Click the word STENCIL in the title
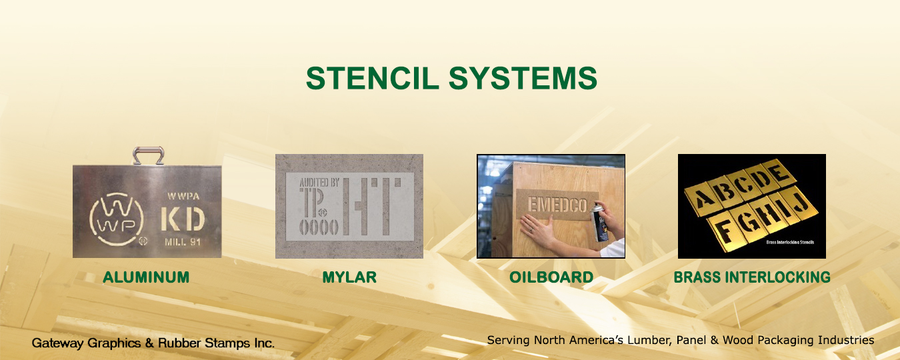point(372,78)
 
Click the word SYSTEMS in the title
point(523,78)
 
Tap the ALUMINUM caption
point(146,277)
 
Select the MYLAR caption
point(349,277)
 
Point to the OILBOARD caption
point(551,277)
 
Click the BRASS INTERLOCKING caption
point(752,277)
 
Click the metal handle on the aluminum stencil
point(148,155)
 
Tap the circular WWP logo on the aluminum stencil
point(117,219)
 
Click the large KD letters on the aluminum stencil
point(183,220)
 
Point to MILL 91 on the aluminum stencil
point(183,242)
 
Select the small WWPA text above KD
point(183,197)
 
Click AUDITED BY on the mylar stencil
point(319,183)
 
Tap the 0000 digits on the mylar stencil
point(319,227)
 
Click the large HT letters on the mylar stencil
point(373,207)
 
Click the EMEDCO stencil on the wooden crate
point(557,205)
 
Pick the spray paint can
point(600,222)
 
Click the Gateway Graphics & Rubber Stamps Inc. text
point(153,343)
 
